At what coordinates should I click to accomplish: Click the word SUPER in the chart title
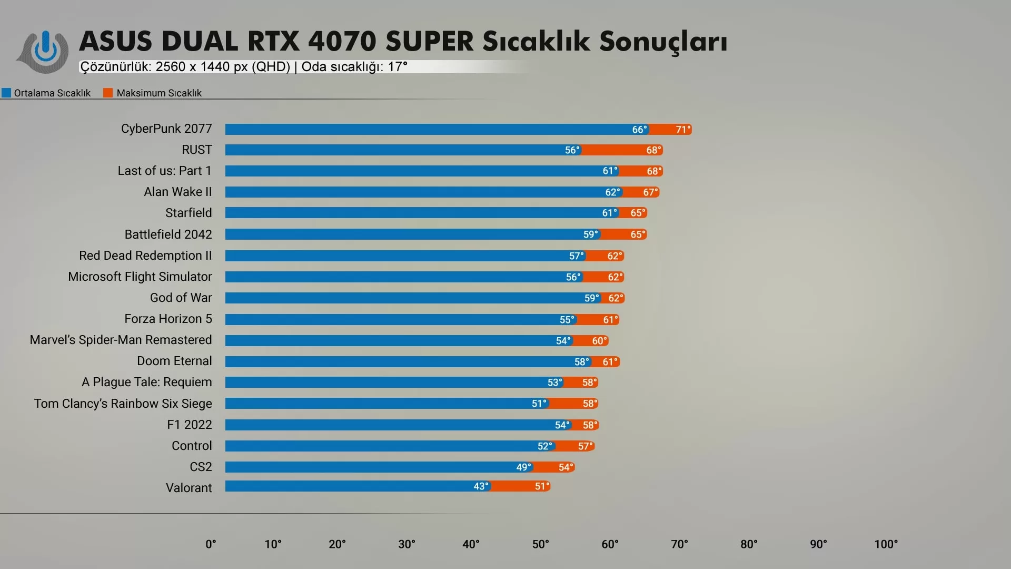pyautogui.click(x=429, y=42)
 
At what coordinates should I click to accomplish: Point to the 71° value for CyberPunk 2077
pyautogui.click(x=683, y=130)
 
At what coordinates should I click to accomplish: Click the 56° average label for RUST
pyautogui.click(x=572, y=150)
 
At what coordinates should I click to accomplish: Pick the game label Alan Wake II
pyautogui.click(x=178, y=192)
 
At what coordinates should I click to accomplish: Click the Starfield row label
pyautogui.click(x=189, y=213)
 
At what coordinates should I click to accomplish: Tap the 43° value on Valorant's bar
pyautogui.click(x=481, y=486)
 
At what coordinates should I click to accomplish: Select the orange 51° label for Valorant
pyautogui.click(x=542, y=486)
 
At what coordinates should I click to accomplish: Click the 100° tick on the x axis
pyautogui.click(x=886, y=544)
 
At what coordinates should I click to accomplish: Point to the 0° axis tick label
pyautogui.click(x=211, y=544)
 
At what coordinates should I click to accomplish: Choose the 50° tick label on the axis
pyautogui.click(x=540, y=544)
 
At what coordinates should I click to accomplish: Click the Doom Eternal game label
pyautogui.click(x=174, y=361)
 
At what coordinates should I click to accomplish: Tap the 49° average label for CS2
pyautogui.click(x=523, y=467)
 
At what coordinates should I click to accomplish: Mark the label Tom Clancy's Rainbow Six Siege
pyautogui.click(x=123, y=404)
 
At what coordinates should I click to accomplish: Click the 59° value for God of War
pyautogui.click(x=591, y=298)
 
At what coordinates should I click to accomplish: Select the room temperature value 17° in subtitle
pyautogui.click(x=398, y=67)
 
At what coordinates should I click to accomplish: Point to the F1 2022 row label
pyautogui.click(x=190, y=425)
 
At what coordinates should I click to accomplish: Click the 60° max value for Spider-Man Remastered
pyautogui.click(x=599, y=341)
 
